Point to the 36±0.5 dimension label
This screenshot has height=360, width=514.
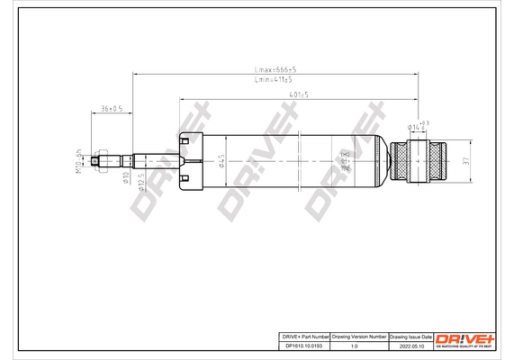[x=112, y=109]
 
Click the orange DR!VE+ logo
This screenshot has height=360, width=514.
[x=465, y=337]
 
